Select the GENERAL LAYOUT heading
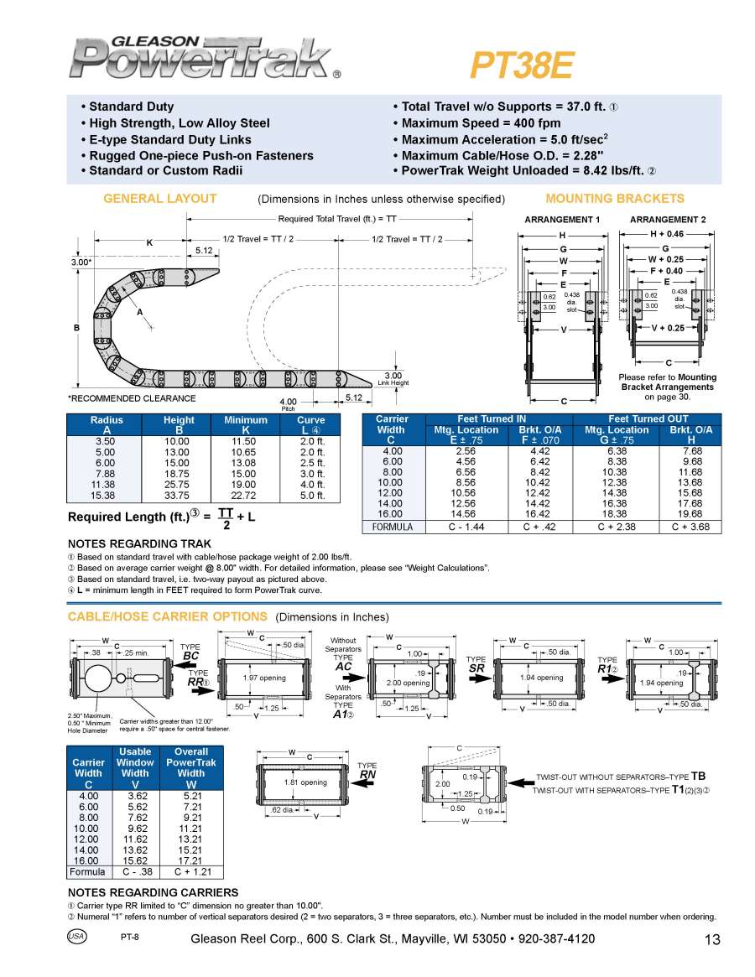[x=159, y=199]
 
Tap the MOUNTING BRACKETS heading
[x=615, y=199]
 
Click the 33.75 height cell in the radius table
[x=178, y=496]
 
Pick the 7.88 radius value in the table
[x=106, y=473]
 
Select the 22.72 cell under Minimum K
[x=245, y=496]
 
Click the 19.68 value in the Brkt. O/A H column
[x=691, y=514]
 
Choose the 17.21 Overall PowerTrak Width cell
[x=191, y=860]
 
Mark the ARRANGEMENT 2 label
[x=668, y=220]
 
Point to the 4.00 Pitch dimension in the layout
[x=288, y=401]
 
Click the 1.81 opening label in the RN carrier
[x=305, y=782]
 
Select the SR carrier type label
[x=476, y=668]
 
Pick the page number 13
[x=712, y=940]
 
